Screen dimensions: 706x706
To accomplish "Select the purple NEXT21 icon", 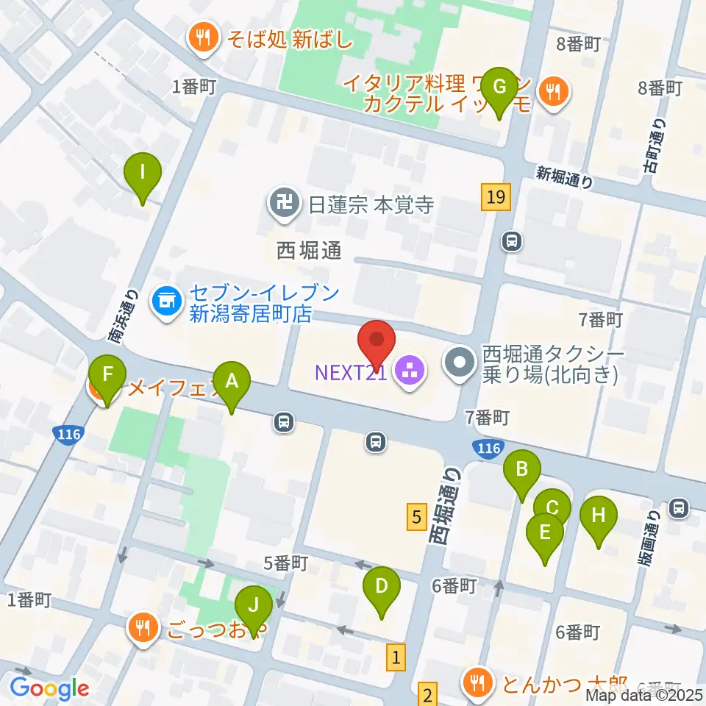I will [x=405, y=371].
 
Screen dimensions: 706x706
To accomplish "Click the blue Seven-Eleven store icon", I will [x=165, y=302].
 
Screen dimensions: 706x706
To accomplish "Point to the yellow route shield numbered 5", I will [x=416, y=517].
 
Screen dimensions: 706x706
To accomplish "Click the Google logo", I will [x=49, y=689].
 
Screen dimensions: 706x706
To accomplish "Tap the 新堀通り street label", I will [x=564, y=176].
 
